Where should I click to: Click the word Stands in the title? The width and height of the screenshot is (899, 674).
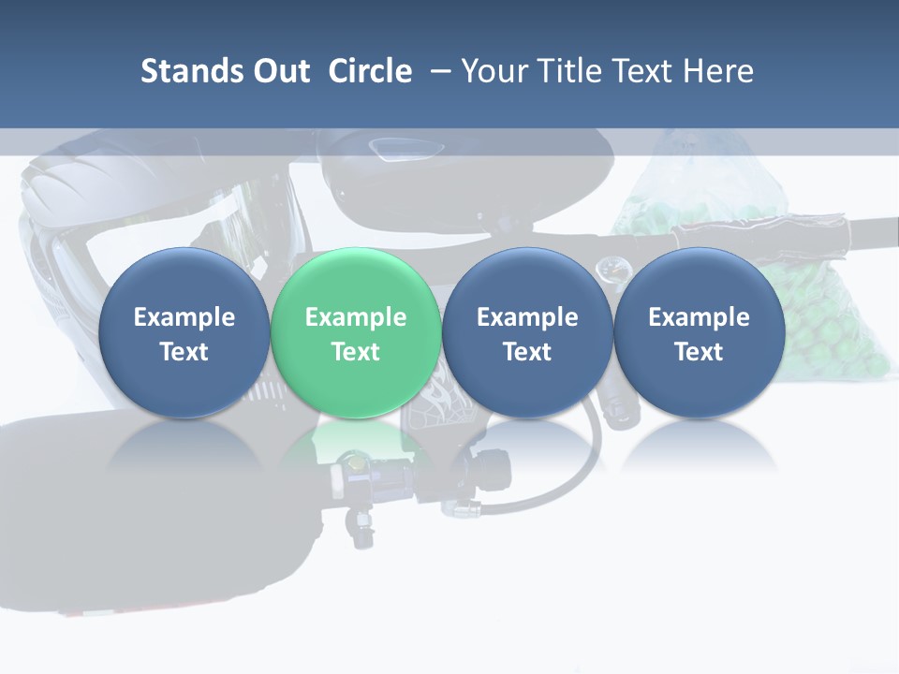(185, 71)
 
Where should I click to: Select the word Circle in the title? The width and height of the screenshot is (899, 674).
(370, 71)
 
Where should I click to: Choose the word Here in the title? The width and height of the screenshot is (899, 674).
(718, 71)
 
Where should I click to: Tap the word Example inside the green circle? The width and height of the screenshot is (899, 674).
(355, 317)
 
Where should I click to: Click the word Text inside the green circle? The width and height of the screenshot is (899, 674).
(355, 352)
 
